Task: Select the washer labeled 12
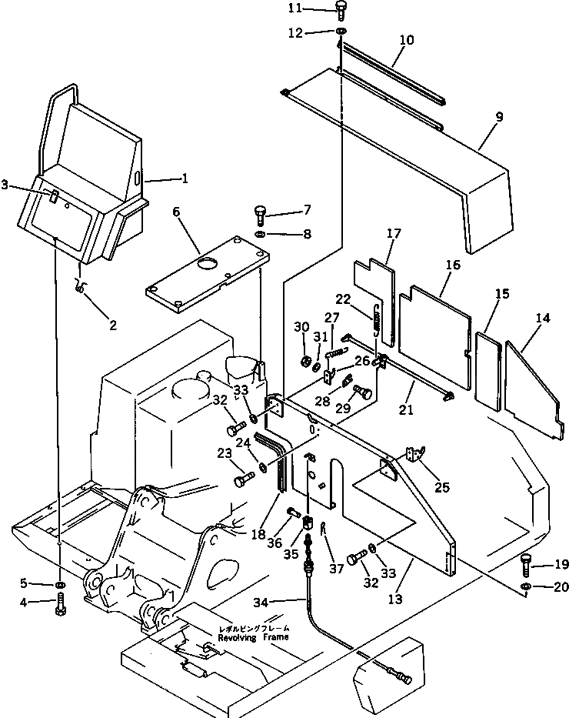340,32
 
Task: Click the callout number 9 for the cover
499,117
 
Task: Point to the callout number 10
405,39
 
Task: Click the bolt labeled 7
259,213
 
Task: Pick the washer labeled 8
259,233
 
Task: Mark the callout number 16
451,265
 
